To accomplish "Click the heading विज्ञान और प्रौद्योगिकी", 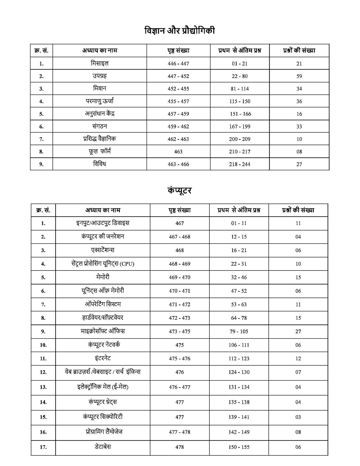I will click(180, 31).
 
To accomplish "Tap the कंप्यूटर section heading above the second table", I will click(179, 190).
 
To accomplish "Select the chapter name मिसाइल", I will click(100, 63).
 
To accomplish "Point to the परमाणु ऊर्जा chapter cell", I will click(100, 101).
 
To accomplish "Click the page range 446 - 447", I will click(178, 64).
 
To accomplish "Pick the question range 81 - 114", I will click(240, 89).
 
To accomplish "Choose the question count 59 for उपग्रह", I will click(299, 76).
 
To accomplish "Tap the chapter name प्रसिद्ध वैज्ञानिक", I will click(100, 139).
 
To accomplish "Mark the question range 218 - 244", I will click(239, 164).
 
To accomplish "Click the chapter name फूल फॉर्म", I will click(100, 152).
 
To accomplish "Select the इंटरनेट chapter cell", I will click(103, 358).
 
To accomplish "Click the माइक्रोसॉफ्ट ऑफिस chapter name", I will click(103, 331).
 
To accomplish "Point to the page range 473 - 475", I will click(180, 331).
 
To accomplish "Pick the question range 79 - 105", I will click(239, 331).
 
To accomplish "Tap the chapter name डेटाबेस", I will click(103, 447).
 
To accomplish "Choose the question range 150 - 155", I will click(239, 447).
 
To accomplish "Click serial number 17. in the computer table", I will click(43, 447).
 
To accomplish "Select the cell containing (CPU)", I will click(103, 264).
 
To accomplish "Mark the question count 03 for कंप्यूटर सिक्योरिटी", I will click(298, 417).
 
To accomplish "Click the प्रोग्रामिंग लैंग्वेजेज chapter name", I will click(103, 432).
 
